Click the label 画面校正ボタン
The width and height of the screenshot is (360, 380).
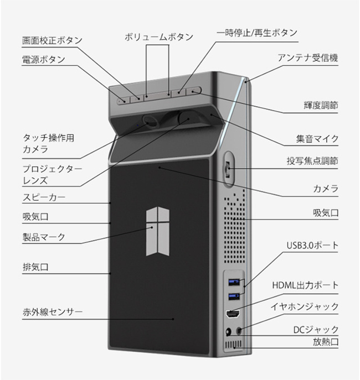(x=52, y=40)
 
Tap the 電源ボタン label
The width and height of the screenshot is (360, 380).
(x=44, y=59)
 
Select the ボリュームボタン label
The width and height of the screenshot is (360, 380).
(x=159, y=37)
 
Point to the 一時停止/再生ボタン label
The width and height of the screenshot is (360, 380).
(x=257, y=33)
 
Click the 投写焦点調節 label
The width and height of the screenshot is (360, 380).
(x=313, y=161)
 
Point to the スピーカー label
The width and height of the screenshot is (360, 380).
(x=44, y=197)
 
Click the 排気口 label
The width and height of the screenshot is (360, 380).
(x=35, y=267)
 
